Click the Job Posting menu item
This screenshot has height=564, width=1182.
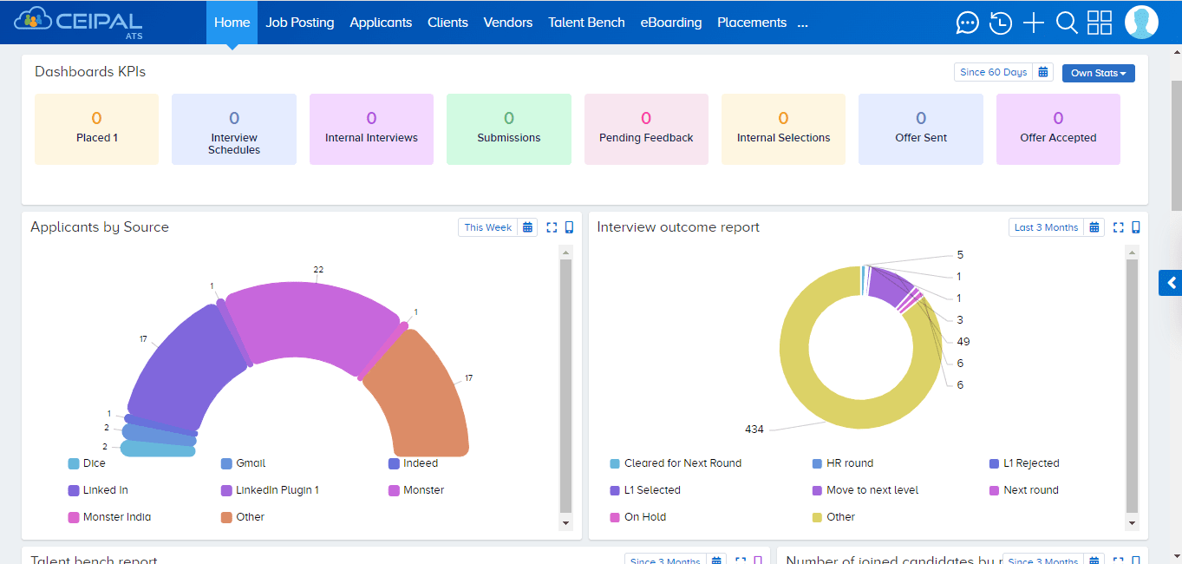pos(299,23)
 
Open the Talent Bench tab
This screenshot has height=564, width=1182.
pos(586,23)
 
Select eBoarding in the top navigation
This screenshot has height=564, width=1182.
pos(670,23)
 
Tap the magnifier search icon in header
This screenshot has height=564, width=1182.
pos(1067,23)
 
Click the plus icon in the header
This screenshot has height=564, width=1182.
pos(1034,23)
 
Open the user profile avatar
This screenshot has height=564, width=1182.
pos(1141,23)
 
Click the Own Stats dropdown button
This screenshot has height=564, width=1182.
pos(1098,73)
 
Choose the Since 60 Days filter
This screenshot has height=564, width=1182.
pos(993,72)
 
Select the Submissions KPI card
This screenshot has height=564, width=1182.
pos(508,129)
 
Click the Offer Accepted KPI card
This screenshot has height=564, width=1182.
pos(1057,129)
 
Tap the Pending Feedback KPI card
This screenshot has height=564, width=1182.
pos(646,129)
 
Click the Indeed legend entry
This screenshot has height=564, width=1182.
pos(420,463)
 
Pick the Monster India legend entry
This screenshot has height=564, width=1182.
pos(116,517)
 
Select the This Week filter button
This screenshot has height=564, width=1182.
pos(487,227)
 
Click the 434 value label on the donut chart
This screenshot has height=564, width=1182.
pos(754,430)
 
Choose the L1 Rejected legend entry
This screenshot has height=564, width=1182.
pos(1030,463)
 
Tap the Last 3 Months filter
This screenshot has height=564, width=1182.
pos(1046,227)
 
